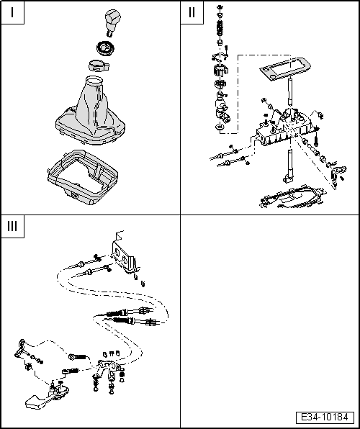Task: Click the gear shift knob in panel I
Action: (113, 22)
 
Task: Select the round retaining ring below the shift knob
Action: (105, 48)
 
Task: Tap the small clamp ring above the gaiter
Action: (99, 66)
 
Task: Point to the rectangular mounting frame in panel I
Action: (82, 177)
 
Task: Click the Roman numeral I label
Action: (12, 12)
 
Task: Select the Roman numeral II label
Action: (192, 12)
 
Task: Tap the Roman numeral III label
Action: (12, 226)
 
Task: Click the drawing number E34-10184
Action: (325, 417)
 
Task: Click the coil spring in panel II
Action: (220, 28)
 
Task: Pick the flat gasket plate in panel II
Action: (285, 70)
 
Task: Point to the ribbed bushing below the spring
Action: (220, 71)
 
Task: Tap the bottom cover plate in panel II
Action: (293, 197)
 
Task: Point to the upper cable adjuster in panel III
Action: (129, 312)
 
